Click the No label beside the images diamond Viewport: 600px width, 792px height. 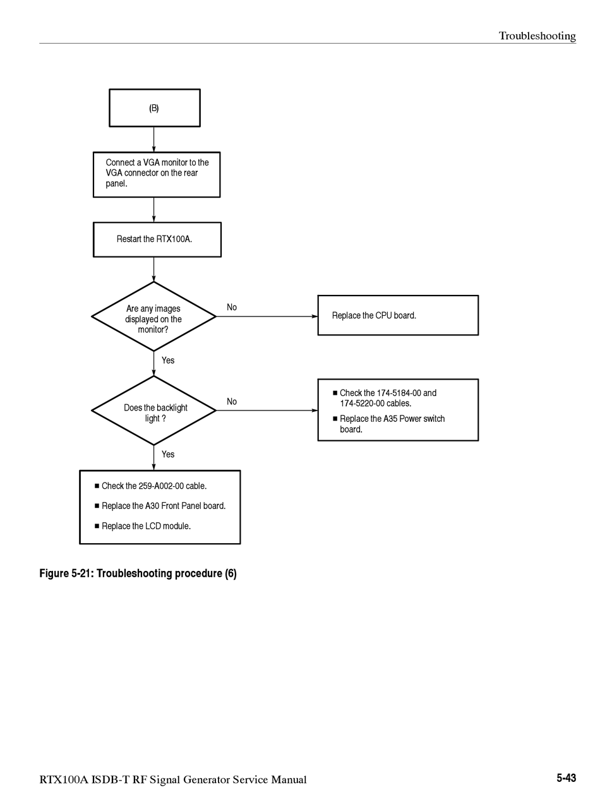tap(232, 307)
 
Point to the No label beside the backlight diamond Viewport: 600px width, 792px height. tap(232, 401)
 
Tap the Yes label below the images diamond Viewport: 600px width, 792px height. tap(168, 360)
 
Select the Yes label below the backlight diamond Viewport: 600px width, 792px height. tap(168, 454)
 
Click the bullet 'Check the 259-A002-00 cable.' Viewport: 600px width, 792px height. tap(150, 486)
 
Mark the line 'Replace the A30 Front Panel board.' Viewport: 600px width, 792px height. tap(160, 506)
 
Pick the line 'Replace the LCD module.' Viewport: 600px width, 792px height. tap(143, 526)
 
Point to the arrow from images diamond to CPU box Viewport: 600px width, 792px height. tap(267, 316)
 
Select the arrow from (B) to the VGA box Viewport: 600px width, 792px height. tap(153, 140)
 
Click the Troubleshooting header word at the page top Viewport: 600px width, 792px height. tap(537, 36)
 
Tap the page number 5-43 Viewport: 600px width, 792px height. tap(566, 777)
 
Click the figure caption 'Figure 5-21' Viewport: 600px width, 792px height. tap(66, 573)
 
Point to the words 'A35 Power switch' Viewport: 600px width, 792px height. tap(414, 419)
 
